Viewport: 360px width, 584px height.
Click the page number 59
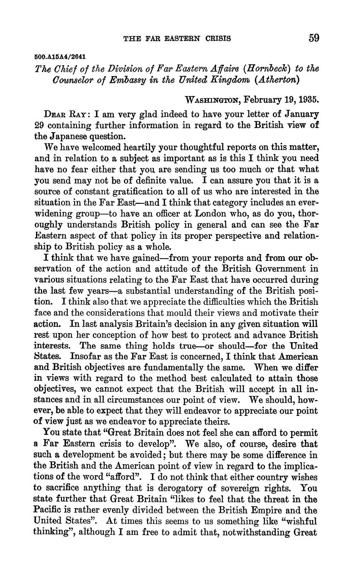coord(313,38)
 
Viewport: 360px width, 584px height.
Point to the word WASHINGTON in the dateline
coord(212,100)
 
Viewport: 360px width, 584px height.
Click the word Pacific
coord(48,510)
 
